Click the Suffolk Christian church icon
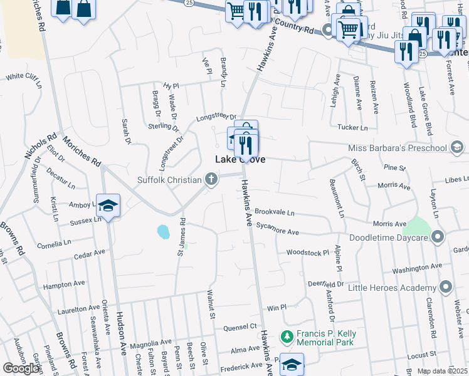click(x=211, y=180)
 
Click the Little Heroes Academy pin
click(x=446, y=288)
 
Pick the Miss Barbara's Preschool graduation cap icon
click(x=457, y=148)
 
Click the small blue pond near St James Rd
click(x=163, y=232)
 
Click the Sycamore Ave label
click(x=277, y=231)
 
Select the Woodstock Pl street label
click(x=308, y=253)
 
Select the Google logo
click(x=21, y=368)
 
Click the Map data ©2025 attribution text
click(x=442, y=371)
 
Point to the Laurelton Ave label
click(x=78, y=308)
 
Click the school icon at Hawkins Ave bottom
click(x=292, y=364)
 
